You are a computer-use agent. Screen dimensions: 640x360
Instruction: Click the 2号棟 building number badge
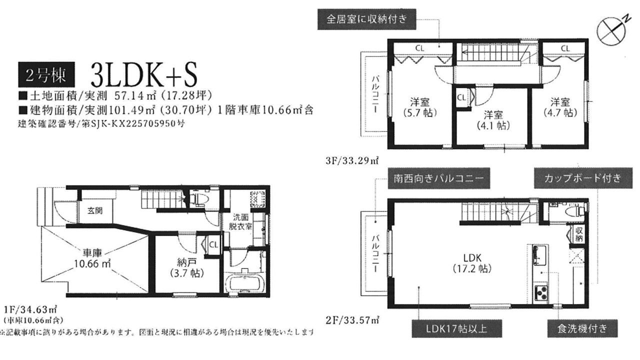46,74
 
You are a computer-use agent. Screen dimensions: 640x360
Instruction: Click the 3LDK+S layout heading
143,75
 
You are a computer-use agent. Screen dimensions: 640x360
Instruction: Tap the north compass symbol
611,31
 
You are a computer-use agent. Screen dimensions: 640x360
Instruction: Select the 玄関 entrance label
95,211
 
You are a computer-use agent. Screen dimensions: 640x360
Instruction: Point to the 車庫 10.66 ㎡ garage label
92,258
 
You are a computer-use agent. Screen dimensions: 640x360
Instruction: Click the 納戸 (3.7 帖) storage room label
187,268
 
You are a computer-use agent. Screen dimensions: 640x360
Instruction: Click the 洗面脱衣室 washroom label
240,222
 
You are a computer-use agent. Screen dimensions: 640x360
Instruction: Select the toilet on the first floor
199,198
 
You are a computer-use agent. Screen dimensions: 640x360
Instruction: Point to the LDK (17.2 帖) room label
472,263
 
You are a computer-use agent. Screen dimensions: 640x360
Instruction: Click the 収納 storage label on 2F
579,234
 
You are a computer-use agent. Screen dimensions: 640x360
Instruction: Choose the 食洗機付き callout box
582,328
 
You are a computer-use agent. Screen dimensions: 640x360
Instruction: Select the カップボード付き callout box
583,178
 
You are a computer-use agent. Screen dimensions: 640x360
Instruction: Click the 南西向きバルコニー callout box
439,178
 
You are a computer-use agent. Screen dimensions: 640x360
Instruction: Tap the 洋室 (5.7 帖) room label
420,107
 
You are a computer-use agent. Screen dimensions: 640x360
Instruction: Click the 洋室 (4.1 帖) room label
493,120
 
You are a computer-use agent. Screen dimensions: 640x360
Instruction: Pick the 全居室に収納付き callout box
367,19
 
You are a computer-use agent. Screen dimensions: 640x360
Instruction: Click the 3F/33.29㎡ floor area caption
352,160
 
